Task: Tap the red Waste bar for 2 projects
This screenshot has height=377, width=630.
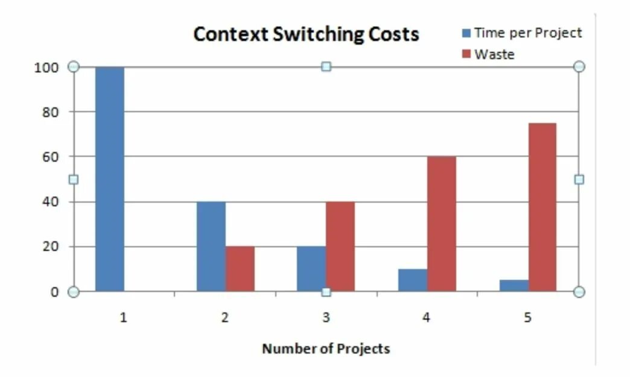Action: (240, 269)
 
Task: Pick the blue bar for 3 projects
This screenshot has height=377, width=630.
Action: (311, 269)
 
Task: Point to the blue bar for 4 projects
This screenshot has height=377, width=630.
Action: (413, 280)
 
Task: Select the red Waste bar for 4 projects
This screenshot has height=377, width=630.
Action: (442, 224)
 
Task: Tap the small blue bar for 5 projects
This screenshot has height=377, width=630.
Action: (514, 286)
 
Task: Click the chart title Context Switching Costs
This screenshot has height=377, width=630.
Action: (306, 34)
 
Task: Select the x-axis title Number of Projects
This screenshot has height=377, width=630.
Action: (326, 349)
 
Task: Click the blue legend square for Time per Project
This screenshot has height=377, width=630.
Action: (466, 33)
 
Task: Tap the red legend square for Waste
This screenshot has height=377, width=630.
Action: (466, 54)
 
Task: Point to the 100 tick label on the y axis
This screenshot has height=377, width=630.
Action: (46, 67)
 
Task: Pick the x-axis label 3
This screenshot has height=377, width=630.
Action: (326, 317)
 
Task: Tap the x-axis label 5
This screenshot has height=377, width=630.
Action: (528, 317)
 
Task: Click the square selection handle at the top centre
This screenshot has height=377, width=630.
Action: (326, 66)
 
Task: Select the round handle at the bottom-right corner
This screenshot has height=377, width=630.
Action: (579, 292)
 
